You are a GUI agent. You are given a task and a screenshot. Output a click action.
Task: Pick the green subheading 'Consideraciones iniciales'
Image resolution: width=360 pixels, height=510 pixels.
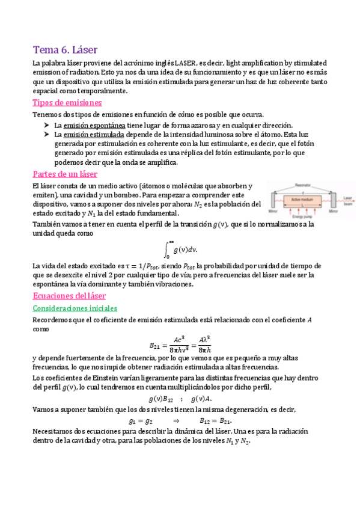(x=75, y=308)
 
